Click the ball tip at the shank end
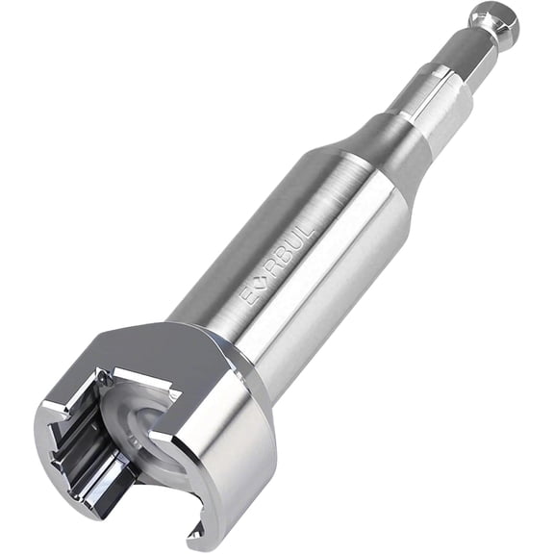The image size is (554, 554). [494, 24]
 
